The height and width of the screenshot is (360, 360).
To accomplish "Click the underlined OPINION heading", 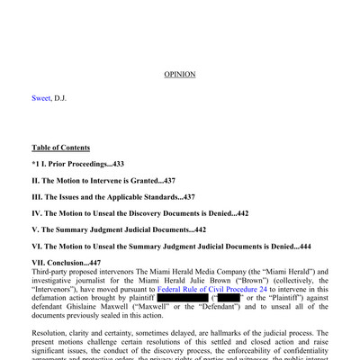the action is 179,74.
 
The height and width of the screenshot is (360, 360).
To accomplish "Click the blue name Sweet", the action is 41,97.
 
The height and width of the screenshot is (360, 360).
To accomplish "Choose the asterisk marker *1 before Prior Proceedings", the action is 36,164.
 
